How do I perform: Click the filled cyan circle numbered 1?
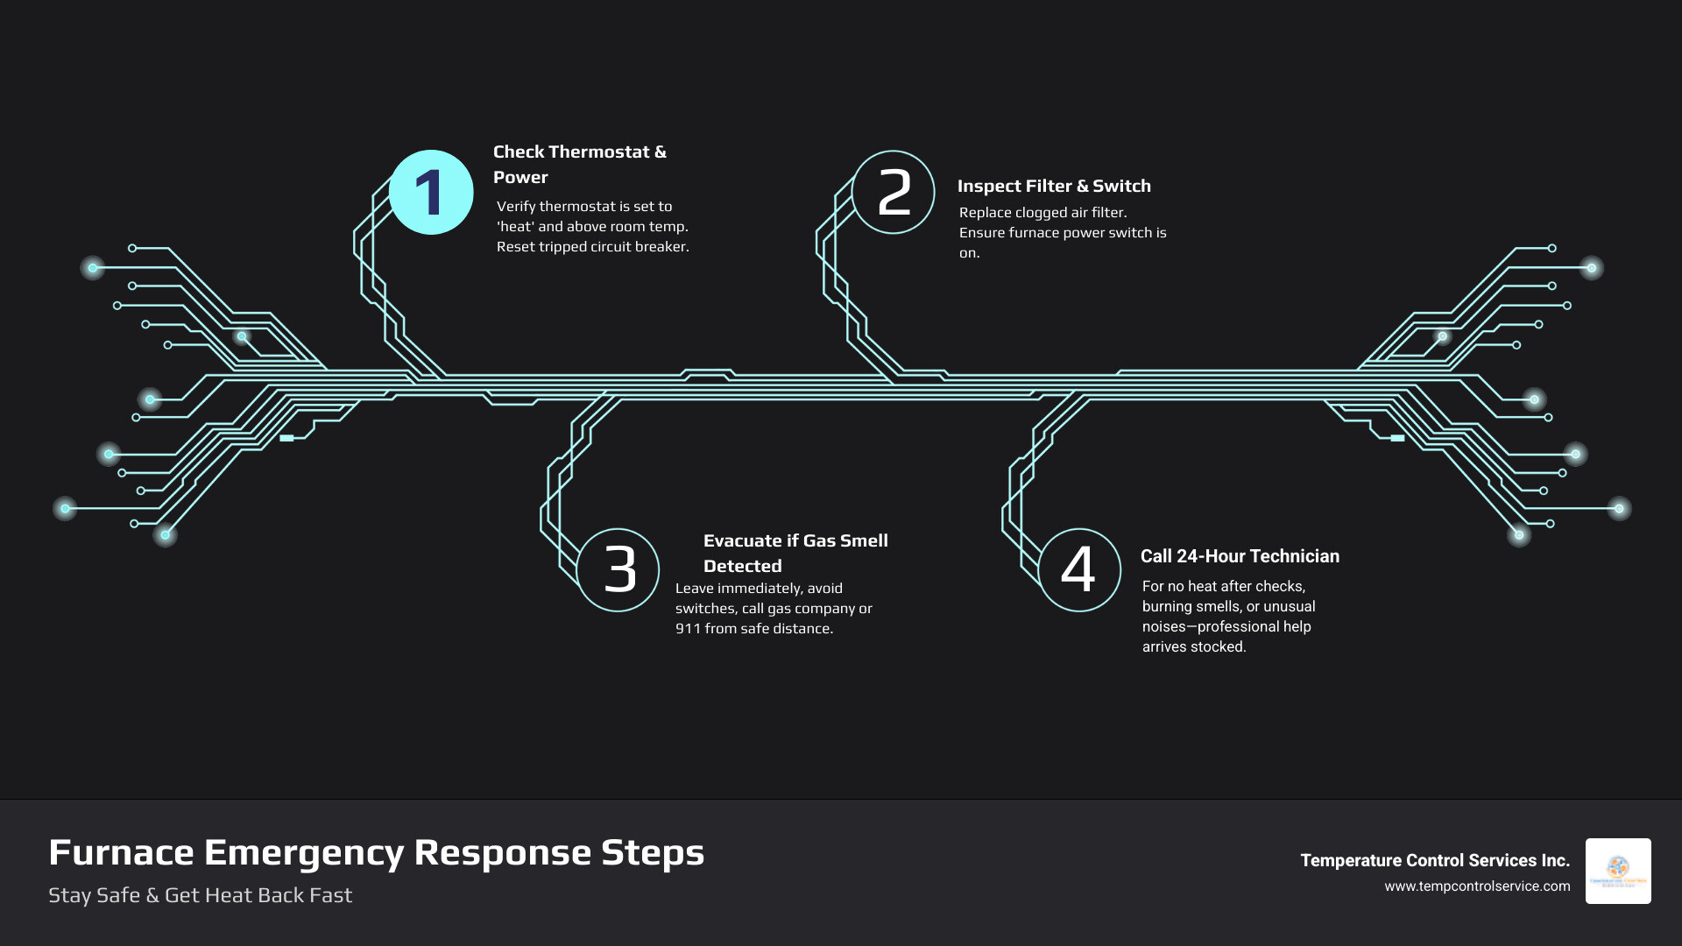click(x=431, y=192)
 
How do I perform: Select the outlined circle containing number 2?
click(x=893, y=192)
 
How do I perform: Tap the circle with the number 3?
click(x=618, y=569)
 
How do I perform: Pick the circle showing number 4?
click(x=1079, y=569)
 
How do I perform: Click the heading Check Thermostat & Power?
click(x=579, y=164)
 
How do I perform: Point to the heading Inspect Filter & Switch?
click(x=1054, y=186)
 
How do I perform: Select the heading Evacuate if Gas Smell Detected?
click(x=795, y=553)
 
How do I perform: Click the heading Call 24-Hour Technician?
click(x=1240, y=556)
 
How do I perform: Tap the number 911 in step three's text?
click(x=688, y=628)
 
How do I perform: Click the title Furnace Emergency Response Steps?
click(x=376, y=852)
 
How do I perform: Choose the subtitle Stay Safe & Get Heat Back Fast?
click(x=200, y=895)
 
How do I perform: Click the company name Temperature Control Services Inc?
click(x=1434, y=860)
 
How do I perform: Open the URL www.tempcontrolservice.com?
click(x=1477, y=886)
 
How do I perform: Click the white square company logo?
click(x=1618, y=871)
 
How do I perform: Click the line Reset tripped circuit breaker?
click(x=592, y=247)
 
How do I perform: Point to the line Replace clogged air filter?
click(x=1042, y=212)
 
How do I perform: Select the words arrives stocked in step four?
click(x=1193, y=647)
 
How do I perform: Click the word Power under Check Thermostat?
click(x=520, y=177)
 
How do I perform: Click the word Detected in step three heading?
click(x=742, y=566)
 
